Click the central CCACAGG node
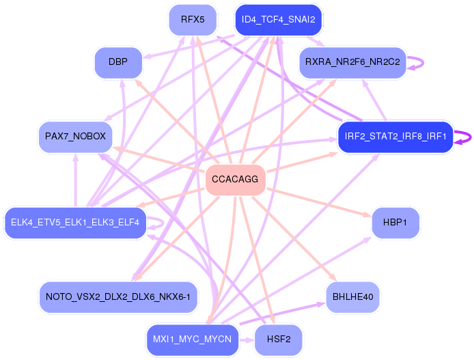pos(235,180)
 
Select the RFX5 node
pos(193,19)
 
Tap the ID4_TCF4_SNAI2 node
pos(278,19)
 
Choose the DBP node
pos(118,63)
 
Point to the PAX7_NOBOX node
pos(75,136)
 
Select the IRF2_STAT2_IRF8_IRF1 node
pos(395,137)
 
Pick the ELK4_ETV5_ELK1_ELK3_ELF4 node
pos(75,222)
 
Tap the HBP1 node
pos(395,223)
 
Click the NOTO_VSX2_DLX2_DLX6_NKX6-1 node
pos(118,297)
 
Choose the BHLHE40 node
pos(352,297)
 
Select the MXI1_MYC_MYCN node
pos(193,340)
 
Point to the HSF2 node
pos(278,340)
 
